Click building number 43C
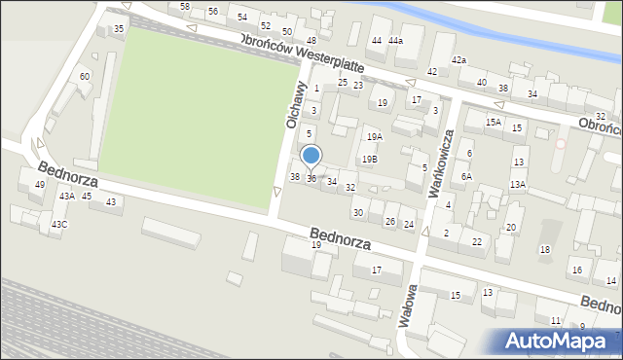[x=60, y=225]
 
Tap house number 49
[x=40, y=185]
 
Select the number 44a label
[x=395, y=41]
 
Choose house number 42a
[x=458, y=60]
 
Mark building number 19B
[x=369, y=159]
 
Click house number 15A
[x=495, y=123]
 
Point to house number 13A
[x=518, y=184]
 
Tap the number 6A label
[x=467, y=176]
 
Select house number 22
[x=476, y=241]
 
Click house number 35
[x=119, y=29]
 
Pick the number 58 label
[x=185, y=7]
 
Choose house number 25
[x=343, y=83]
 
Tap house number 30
[x=358, y=212]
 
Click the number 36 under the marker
[x=311, y=178]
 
